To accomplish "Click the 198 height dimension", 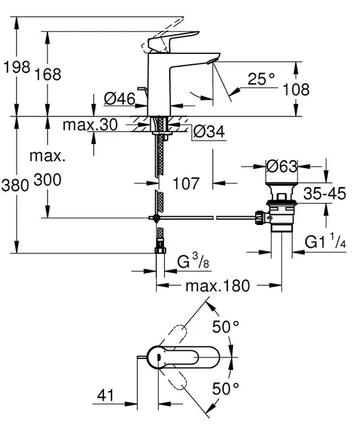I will click(15, 68).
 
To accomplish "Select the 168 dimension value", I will click(62, 74).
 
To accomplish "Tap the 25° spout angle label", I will click(261, 79).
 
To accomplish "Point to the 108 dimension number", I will click(317, 89).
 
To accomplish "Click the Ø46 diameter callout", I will click(119, 98).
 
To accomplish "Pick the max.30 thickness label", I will click(90, 125).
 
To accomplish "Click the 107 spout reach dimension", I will click(187, 184).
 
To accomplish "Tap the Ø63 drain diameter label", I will click(281, 167).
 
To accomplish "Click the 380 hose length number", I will click(15, 184).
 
